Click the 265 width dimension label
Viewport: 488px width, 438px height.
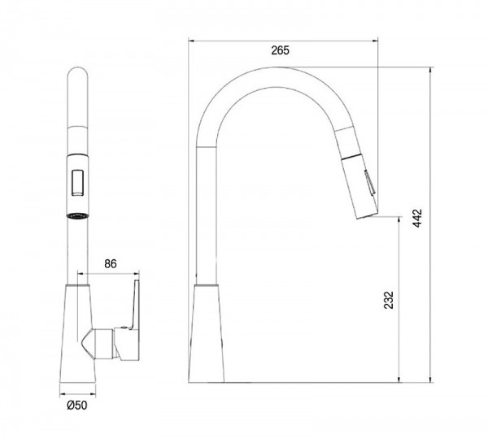[x=280, y=50]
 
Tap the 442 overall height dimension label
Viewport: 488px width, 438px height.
[x=417, y=219]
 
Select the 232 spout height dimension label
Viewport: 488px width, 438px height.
[x=389, y=300]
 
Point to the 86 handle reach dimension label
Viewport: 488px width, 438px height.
[x=110, y=264]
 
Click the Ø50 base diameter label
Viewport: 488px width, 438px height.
[x=77, y=405]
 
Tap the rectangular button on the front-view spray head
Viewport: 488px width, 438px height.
[x=78, y=183]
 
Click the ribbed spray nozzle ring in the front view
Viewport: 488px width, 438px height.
[x=78, y=216]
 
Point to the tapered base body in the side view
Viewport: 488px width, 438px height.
[x=206, y=333]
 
